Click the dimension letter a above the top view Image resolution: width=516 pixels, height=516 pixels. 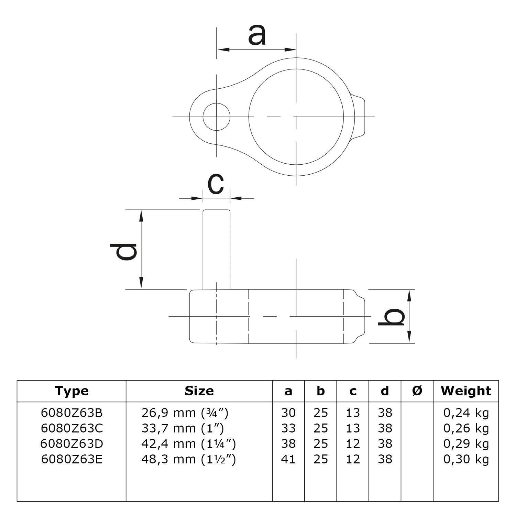(x=257, y=36)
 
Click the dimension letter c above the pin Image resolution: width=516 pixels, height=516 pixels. (x=216, y=184)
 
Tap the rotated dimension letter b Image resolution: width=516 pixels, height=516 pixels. (x=391, y=317)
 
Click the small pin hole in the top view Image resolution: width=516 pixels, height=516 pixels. (x=216, y=117)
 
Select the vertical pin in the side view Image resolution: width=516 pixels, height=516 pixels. (x=216, y=250)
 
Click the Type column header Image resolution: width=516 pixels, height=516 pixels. (x=72, y=391)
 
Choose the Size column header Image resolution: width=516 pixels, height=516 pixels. (x=199, y=391)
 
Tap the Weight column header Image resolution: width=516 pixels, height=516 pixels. (x=466, y=391)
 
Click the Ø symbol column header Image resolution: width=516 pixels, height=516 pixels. (x=417, y=391)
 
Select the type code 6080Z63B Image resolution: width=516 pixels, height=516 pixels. (x=72, y=413)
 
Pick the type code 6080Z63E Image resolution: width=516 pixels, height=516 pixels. (x=72, y=459)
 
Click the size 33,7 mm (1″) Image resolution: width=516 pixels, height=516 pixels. (x=183, y=428)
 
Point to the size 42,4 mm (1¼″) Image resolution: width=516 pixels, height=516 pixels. (x=188, y=444)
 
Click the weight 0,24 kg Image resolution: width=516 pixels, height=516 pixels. (x=466, y=413)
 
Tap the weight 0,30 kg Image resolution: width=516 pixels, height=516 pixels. (x=466, y=459)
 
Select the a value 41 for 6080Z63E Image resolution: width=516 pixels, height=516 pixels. (x=288, y=459)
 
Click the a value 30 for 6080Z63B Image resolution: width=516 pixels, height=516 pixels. (x=288, y=413)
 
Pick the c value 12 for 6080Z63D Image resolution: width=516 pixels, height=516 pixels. (x=353, y=444)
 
